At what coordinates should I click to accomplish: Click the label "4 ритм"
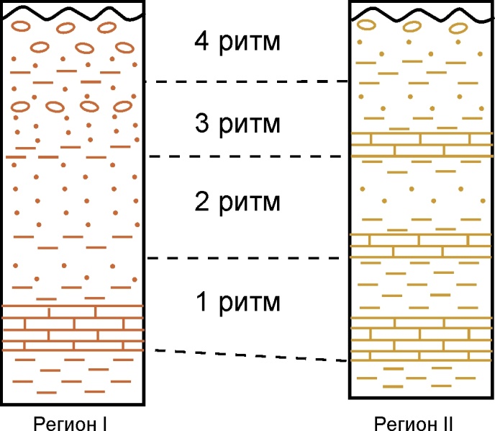click(237, 40)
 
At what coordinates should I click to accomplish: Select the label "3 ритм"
click(237, 124)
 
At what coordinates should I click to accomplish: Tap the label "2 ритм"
click(237, 201)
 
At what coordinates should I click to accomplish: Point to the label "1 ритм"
click(237, 300)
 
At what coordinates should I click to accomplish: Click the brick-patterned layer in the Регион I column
click(73, 329)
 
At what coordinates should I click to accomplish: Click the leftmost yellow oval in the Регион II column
click(367, 26)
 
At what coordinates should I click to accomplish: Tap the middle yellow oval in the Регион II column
click(412, 27)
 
